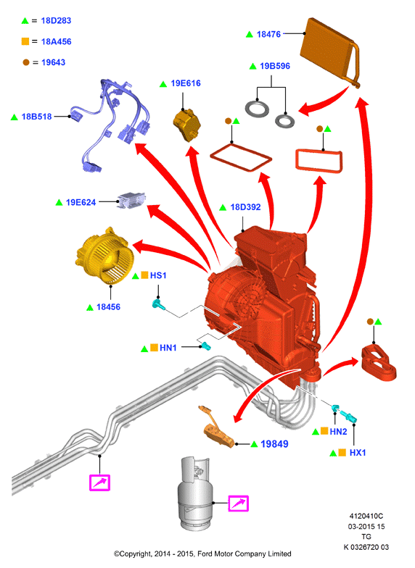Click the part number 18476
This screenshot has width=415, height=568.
pyautogui.click(x=268, y=34)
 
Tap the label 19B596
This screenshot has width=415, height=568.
pyautogui.click(x=274, y=66)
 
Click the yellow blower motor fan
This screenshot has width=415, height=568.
pyautogui.click(x=104, y=255)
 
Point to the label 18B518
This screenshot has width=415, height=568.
pyautogui.click(x=36, y=117)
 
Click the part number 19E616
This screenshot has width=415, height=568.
pyautogui.click(x=186, y=83)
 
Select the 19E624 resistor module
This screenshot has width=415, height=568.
pyautogui.click(x=131, y=200)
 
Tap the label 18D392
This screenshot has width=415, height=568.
pyautogui.click(x=245, y=207)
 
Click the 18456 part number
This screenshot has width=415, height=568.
pyautogui.click(x=108, y=307)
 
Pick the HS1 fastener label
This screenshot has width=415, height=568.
pyautogui.click(x=158, y=275)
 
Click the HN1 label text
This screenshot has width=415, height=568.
pyautogui.click(x=168, y=348)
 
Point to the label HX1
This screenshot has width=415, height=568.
pyautogui.click(x=357, y=453)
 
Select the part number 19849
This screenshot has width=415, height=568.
pyautogui.click(x=274, y=444)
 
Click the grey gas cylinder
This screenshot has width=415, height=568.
pyautogui.click(x=194, y=493)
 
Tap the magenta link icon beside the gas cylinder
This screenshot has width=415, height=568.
pyautogui.click(x=238, y=504)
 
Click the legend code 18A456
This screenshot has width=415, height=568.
pyautogui.click(x=57, y=42)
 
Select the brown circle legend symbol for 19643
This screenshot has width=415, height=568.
pyautogui.click(x=26, y=62)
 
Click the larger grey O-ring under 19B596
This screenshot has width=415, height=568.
pyautogui.click(x=257, y=109)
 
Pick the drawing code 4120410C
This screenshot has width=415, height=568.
pyautogui.click(x=366, y=516)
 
